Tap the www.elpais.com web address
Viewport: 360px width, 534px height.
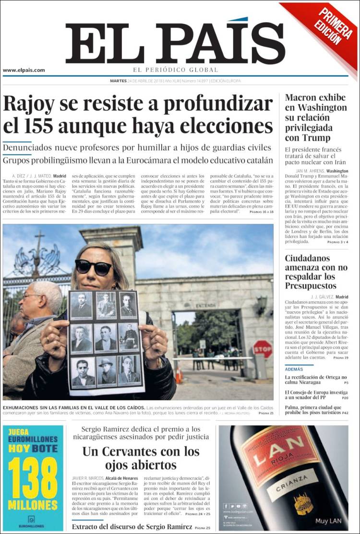[24, 70]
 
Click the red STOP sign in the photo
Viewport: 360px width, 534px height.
[263, 349]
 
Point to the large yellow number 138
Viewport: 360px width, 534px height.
[33, 479]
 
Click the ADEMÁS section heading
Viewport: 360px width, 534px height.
[294, 369]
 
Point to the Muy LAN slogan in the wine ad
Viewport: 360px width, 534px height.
[328, 521]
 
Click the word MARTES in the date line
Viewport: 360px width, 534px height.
[119, 81]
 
